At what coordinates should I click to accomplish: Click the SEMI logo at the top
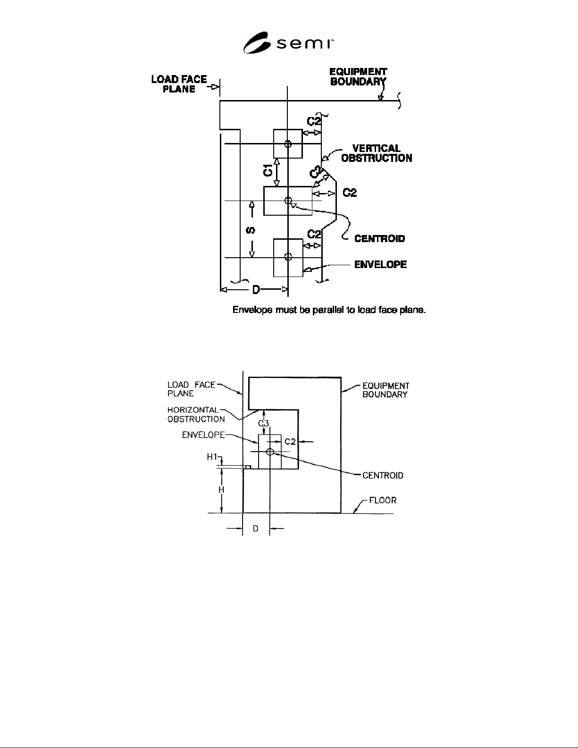pos(288,42)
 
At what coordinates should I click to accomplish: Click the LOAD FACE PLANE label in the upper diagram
pos(179,84)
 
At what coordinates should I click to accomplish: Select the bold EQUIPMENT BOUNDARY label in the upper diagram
pos(358,77)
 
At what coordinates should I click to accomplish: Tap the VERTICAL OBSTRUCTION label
pos(377,153)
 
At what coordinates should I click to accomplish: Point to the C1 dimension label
pos(268,170)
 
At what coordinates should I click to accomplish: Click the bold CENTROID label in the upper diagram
pos(379,238)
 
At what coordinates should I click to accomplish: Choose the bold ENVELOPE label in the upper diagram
pos(380,264)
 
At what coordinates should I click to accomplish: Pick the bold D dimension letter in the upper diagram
pos(256,290)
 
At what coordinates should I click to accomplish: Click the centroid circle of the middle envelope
pos(288,201)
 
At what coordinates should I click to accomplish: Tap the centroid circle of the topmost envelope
pos(288,144)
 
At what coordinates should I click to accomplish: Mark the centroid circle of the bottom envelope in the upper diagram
pos(288,257)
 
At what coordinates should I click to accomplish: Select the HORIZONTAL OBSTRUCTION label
pos(196,414)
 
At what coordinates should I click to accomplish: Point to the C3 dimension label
pos(264,423)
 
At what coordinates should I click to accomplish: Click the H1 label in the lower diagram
pos(212,457)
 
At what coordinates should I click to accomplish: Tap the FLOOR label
pos(383,500)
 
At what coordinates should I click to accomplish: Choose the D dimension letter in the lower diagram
pos(256,529)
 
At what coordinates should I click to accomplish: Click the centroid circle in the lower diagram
pos(270,452)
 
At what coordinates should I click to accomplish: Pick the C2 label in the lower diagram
pos(290,442)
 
